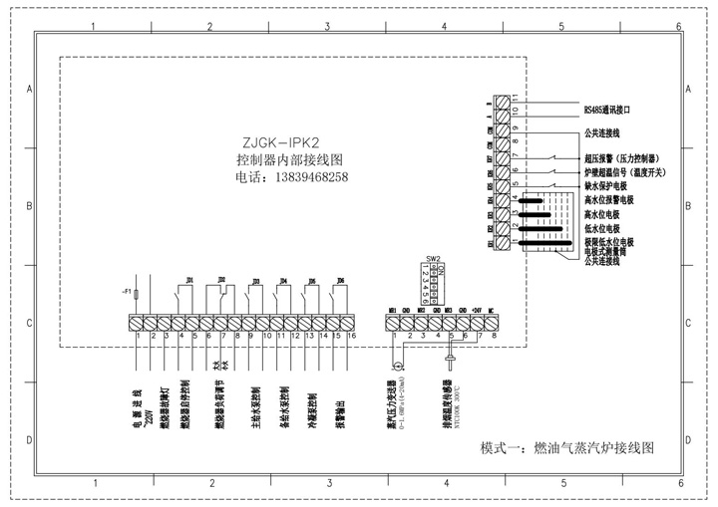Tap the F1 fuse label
point(127,291)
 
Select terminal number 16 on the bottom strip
point(351,336)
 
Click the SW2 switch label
point(433,257)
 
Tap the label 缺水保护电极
point(609,186)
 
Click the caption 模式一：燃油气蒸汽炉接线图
point(566,448)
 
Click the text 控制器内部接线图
point(289,159)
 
